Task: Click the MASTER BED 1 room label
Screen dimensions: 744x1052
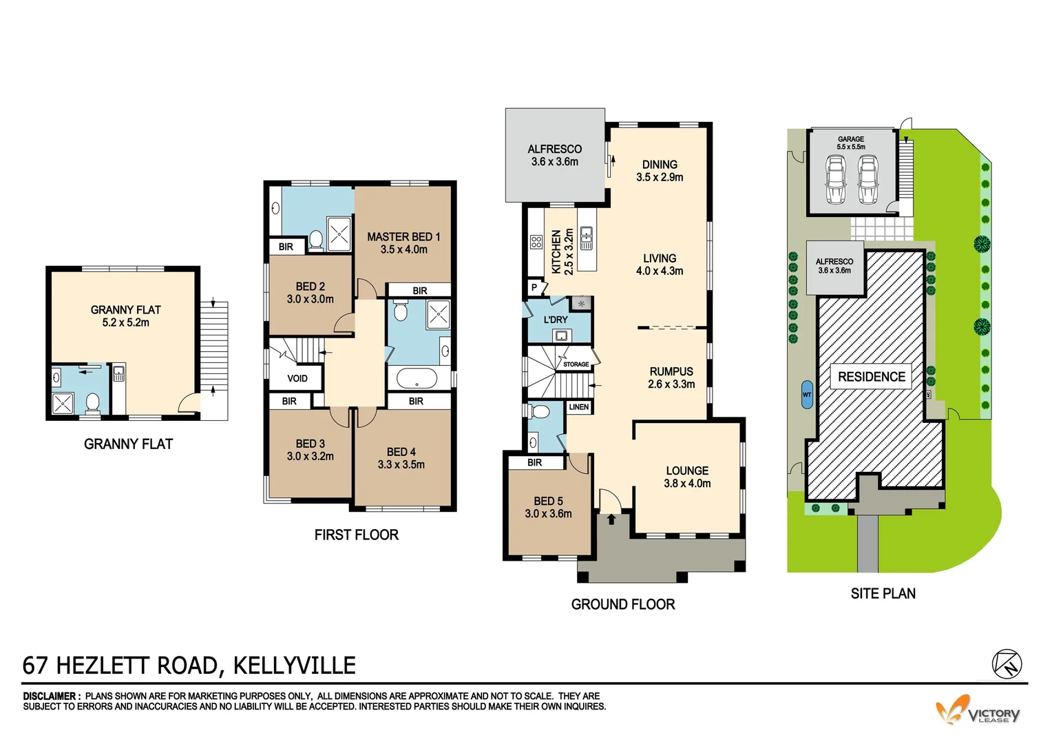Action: point(403,236)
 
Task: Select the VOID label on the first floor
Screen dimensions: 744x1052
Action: point(297,378)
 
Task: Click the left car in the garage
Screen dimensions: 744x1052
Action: point(835,180)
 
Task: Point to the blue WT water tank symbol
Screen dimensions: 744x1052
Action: point(807,395)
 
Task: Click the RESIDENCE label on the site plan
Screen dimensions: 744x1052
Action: point(871,377)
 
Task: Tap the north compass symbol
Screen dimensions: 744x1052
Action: point(1007,664)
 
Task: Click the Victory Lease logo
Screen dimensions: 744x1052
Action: point(978,711)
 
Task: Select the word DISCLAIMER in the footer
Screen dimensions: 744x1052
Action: point(52,696)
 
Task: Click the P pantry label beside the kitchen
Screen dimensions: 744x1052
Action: point(534,287)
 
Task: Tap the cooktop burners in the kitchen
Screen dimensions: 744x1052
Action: point(536,242)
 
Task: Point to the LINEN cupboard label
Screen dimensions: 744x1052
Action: point(579,407)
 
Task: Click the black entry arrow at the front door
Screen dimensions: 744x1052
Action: point(611,519)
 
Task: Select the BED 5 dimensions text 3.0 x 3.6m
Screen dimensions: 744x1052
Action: point(548,514)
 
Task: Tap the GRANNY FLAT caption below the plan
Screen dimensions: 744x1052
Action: point(128,444)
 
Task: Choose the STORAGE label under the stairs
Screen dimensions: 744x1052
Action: point(576,364)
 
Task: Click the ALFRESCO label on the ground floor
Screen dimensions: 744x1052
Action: point(554,149)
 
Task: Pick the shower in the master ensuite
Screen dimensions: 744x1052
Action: point(339,234)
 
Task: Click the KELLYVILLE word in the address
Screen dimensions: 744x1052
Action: point(295,665)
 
